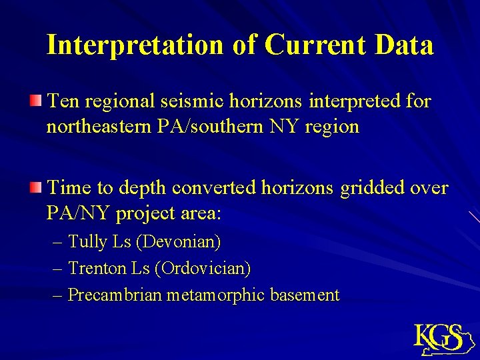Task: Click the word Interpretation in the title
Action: click(x=134, y=45)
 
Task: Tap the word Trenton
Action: click(x=97, y=268)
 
